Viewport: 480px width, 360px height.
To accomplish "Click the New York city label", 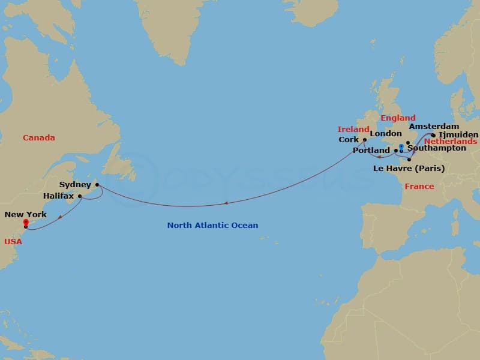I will (x=25, y=214).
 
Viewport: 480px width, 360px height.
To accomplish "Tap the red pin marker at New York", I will (x=26, y=223).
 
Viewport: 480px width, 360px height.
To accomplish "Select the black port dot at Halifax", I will (x=80, y=196).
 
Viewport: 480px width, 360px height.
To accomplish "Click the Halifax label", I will (x=59, y=196).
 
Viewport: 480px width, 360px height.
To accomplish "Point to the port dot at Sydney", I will (x=97, y=185).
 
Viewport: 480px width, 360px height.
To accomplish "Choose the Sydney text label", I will (x=75, y=185).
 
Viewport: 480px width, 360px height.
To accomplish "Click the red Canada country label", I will (x=39, y=138).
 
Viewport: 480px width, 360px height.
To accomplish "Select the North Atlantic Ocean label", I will (x=212, y=226).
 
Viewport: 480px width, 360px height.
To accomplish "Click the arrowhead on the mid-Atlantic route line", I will (x=226, y=203).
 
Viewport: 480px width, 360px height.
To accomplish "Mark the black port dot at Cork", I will (x=364, y=140).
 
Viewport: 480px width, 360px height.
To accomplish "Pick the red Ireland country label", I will (x=353, y=129).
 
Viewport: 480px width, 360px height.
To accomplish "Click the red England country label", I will (x=398, y=118).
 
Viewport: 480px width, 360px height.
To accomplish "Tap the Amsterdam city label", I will (x=434, y=127).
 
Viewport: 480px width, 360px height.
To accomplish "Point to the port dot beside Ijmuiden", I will (x=433, y=135).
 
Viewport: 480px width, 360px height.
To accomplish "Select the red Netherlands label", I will (x=451, y=142).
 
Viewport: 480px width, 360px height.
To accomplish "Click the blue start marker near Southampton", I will (x=401, y=147).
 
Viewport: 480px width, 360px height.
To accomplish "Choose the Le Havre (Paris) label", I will (x=409, y=169).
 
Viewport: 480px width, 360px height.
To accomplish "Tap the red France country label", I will (x=419, y=187).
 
